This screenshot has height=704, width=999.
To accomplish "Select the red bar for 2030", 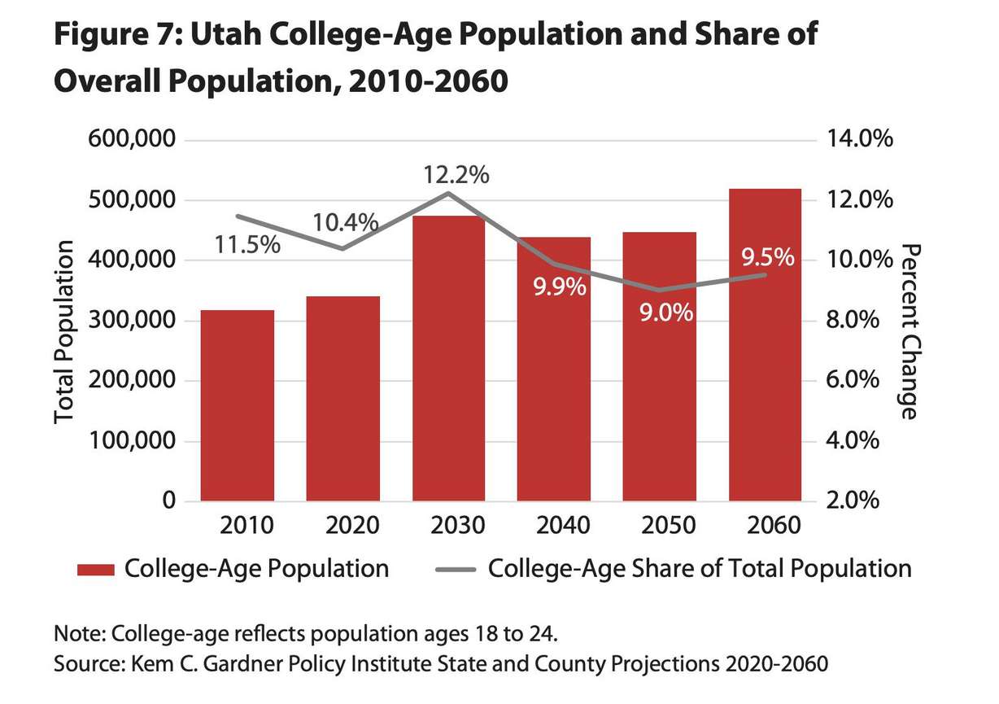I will tap(448, 358).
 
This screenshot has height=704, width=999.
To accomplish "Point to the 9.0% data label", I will tap(665, 312).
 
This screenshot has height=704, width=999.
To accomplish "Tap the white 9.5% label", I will tap(767, 258).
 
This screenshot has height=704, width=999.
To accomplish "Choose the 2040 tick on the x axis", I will tap(553, 525).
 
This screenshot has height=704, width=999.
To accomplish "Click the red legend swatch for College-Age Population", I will tap(95, 569).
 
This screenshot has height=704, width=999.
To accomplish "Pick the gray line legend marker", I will tap(455, 569).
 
